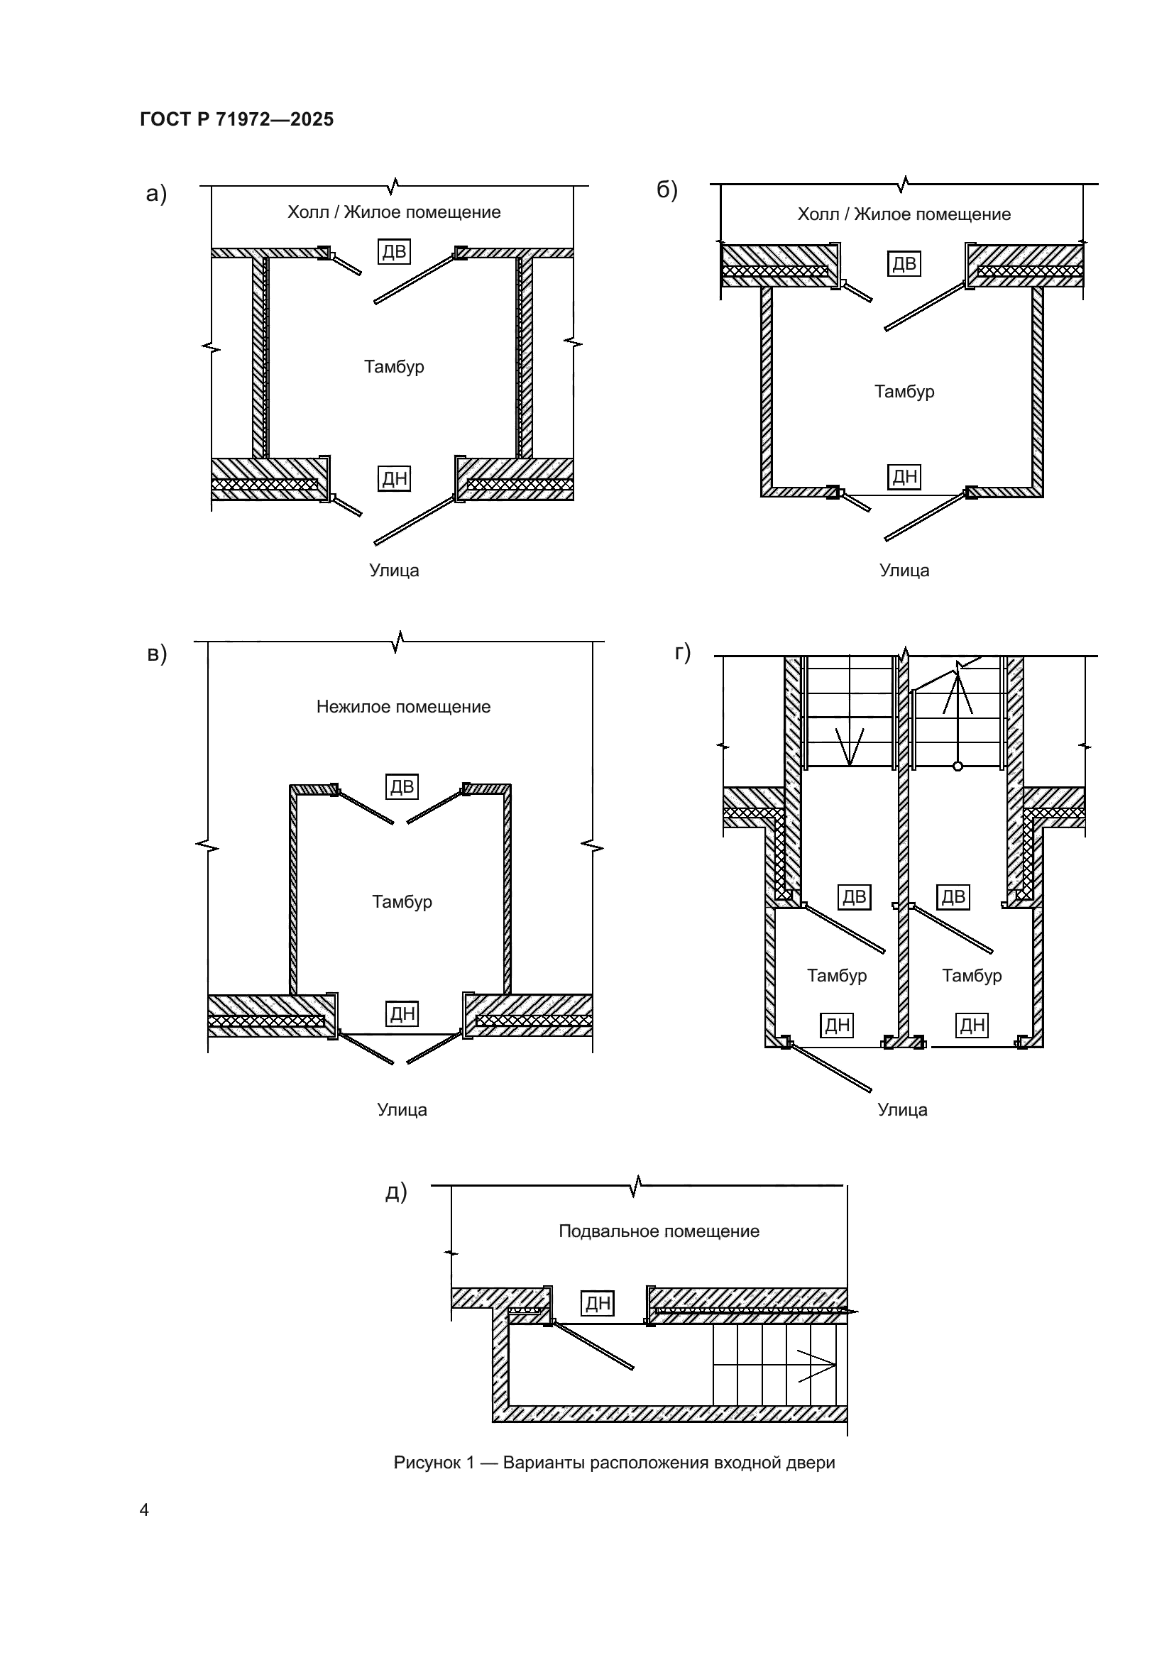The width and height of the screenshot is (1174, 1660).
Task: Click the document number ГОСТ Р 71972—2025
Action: click(x=236, y=119)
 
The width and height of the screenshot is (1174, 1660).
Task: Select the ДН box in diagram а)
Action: click(x=394, y=478)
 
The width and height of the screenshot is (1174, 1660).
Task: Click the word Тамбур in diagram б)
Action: click(x=904, y=391)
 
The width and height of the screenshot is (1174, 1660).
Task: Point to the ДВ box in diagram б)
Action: click(x=904, y=263)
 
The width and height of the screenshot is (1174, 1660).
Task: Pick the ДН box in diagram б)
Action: click(x=904, y=476)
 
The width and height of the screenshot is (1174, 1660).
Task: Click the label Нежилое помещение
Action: click(x=403, y=706)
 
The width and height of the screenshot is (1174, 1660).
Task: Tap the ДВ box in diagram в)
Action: click(x=402, y=786)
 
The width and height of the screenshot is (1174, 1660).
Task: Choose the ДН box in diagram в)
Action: click(x=402, y=1013)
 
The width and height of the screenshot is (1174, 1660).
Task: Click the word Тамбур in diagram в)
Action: click(x=402, y=901)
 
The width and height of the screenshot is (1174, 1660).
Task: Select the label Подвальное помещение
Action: click(x=659, y=1231)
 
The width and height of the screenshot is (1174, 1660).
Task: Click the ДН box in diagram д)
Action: click(x=598, y=1303)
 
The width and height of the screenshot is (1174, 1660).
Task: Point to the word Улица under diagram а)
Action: click(x=394, y=571)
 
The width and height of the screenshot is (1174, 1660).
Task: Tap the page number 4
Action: click(x=145, y=1510)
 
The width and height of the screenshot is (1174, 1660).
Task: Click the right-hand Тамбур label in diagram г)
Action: click(x=972, y=975)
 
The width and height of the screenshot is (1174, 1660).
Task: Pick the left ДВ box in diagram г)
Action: click(x=855, y=896)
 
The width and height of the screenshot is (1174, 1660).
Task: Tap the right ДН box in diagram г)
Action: click(x=972, y=1025)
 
